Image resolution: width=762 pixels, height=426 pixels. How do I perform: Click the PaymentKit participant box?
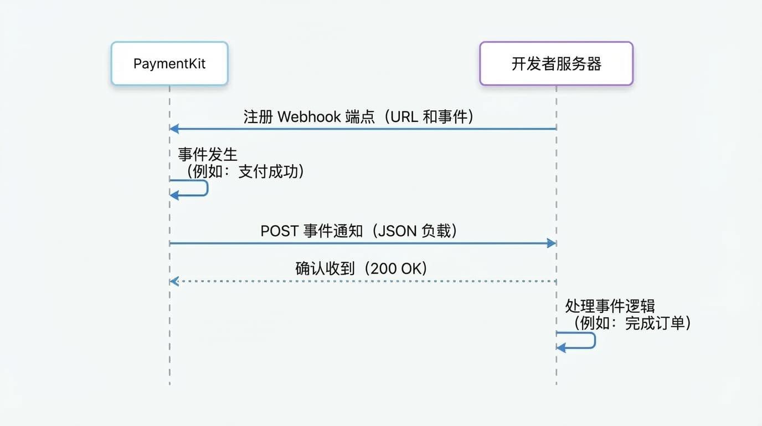click(169, 64)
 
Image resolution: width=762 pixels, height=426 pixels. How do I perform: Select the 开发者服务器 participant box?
click(556, 64)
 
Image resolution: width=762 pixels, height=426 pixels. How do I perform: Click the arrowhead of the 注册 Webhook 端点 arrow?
click(174, 129)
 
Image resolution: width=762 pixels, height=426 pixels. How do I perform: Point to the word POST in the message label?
click(280, 231)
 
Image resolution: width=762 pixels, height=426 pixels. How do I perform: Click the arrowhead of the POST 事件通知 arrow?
click(552, 243)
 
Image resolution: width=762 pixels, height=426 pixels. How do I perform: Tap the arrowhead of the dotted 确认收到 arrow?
click(174, 281)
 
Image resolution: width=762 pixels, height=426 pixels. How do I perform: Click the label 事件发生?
click(208, 154)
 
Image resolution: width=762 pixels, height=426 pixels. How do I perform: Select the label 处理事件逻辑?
click(610, 306)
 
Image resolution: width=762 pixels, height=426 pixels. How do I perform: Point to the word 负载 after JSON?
click(436, 231)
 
